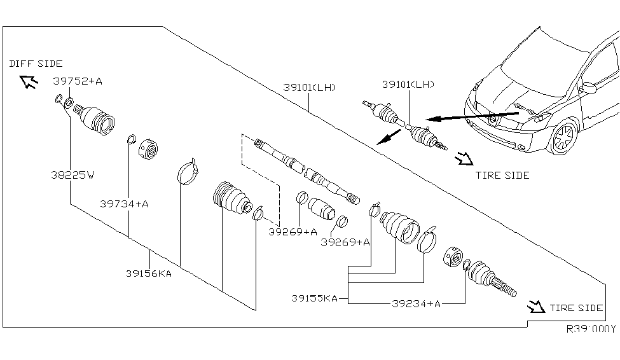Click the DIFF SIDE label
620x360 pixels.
coord(36,64)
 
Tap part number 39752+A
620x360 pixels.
coord(78,81)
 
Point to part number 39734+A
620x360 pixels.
coord(124,204)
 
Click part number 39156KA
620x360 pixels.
coord(148,274)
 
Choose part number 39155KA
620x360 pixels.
coord(315,297)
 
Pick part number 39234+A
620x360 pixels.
coord(415,304)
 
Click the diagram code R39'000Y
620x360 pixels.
coord(591,329)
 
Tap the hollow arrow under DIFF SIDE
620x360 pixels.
coord(28,81)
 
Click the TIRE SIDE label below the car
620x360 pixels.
coord(502,176)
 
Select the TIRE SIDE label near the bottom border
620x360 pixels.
coord(576,308)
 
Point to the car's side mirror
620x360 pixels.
coord(588,87)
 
